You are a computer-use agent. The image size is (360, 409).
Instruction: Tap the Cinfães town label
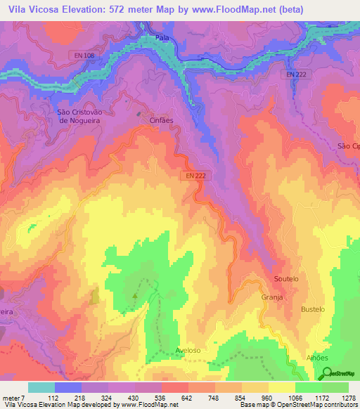(160, 120)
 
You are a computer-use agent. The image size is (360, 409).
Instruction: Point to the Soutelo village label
(286, 279)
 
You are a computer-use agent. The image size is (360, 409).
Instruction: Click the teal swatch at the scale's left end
(41, 387)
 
